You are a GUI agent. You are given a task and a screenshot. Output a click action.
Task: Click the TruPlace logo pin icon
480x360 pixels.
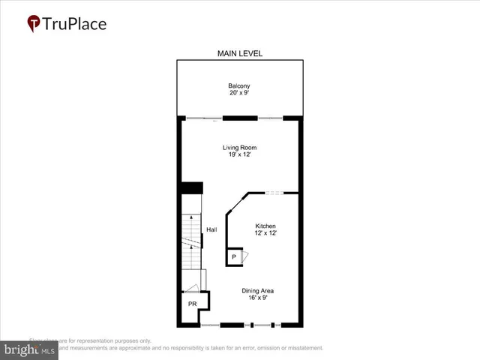(34, 23)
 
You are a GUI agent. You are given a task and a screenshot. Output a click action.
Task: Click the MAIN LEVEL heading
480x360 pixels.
(239, 53)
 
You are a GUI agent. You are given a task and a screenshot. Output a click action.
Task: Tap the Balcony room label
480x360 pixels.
(239, 85)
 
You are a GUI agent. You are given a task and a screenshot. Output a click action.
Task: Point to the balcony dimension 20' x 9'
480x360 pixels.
(239, 93)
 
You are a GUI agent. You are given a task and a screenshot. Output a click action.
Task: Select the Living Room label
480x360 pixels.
(239, 148)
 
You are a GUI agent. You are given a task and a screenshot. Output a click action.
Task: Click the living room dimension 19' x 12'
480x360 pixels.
(239, 155)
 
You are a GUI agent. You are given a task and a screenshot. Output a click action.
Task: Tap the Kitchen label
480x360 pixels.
(265, 226)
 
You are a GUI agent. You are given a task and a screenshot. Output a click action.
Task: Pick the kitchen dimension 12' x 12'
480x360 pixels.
(265, 234)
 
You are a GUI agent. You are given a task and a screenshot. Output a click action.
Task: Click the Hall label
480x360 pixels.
(211, 229)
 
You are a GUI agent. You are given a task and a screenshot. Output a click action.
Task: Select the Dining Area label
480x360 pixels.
(256, 291)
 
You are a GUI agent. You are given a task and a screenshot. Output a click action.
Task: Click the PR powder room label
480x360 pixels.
(193, 304)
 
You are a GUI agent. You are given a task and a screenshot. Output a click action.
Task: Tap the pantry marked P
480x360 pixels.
(234, 257)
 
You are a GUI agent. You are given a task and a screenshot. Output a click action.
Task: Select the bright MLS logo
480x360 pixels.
(30, 349)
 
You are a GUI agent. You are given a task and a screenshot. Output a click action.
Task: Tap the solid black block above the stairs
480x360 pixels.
(193, 188)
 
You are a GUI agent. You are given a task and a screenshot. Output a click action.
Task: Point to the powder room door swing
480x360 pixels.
(193, 289)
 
